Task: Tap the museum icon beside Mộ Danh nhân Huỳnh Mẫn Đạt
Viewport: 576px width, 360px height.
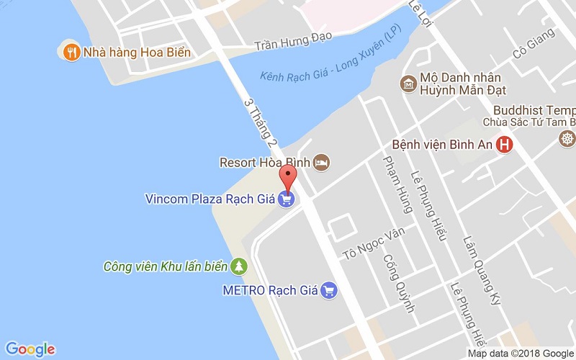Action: (x=408, y=84)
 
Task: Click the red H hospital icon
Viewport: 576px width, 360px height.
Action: (x=505, y=145)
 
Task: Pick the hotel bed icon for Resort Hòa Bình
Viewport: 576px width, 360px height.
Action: (x=322, y=163)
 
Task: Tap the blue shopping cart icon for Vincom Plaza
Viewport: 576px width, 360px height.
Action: (x=287, y=199)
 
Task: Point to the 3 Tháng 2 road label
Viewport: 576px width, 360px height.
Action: (x=260, y=123)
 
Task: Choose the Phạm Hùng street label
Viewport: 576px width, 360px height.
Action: (x=398, y=184)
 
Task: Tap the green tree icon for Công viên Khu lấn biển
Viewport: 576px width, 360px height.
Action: (x=238, y=267)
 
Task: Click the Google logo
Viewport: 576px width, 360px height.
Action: (x=30, y=348)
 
